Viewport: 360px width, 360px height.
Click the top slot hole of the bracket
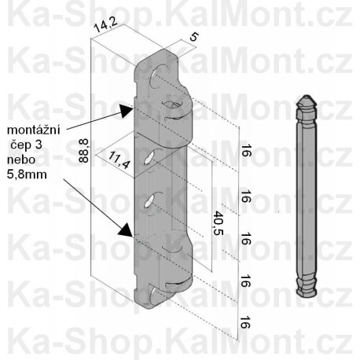click(161, 72)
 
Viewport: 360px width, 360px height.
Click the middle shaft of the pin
click(306, 197)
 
